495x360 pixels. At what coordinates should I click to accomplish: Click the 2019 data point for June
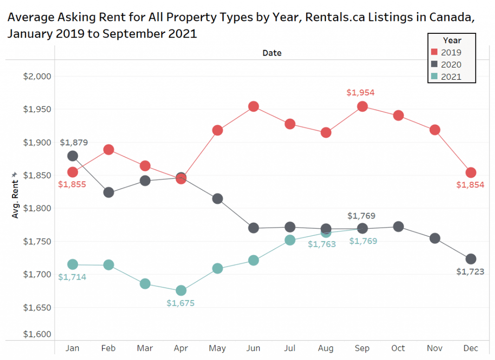254,107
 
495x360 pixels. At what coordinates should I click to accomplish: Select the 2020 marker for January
73,156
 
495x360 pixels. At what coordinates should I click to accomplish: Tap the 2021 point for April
181,290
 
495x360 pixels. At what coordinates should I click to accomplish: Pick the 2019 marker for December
471,173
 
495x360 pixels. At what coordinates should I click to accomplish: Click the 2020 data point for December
471,259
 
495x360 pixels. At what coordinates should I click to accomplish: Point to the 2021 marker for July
290,240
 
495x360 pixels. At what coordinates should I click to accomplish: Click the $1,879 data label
74,142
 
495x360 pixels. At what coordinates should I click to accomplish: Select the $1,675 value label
180,303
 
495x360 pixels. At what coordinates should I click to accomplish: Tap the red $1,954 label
360,93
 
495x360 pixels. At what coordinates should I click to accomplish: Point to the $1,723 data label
470,272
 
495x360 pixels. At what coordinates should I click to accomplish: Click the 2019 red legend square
434,52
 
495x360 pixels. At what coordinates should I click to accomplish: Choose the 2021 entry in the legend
451,77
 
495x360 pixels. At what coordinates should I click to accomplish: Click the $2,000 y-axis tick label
38,76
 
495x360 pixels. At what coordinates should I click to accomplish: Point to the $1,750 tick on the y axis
38,241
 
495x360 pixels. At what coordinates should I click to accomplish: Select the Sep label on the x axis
362,348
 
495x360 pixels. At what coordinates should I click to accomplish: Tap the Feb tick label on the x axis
109,348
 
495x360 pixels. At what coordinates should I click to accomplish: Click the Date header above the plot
272,53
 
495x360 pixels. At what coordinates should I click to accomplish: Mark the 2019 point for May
217,130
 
